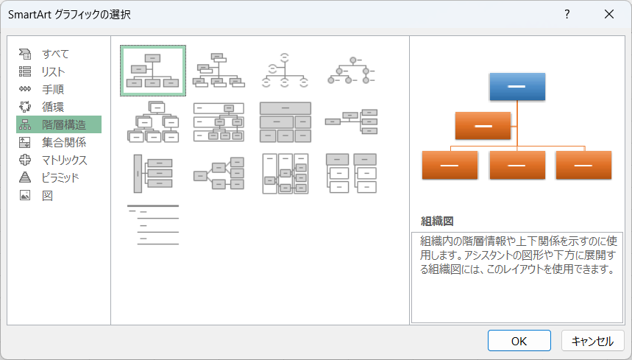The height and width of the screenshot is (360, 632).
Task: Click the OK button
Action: [519, 340]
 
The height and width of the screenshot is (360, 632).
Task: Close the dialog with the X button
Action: [608, 14]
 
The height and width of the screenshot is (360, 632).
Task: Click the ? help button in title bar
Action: [567, 14]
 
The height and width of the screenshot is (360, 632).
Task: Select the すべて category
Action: [55, 54]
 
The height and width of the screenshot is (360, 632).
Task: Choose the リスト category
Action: [53, 71]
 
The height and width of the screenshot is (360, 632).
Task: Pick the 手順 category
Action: [53, 89]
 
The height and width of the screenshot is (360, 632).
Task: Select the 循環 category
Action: [53, 107]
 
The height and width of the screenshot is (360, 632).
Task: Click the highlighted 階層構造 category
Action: [63, 124]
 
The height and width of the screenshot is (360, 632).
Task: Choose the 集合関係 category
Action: [63, 142]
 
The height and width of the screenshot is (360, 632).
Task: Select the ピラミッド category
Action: [60, 177]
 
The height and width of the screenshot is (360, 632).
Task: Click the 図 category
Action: [47, 195]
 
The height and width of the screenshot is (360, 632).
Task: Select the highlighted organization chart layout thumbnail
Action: [153, 71]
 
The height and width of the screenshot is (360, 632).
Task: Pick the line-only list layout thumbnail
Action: [153, 225]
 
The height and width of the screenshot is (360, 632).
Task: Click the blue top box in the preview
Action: [516, 86]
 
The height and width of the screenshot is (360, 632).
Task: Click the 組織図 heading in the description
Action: [436, 221]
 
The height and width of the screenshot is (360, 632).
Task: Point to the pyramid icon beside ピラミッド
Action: [25, 177]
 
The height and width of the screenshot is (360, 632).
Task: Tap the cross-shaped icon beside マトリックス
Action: [25, 160]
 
